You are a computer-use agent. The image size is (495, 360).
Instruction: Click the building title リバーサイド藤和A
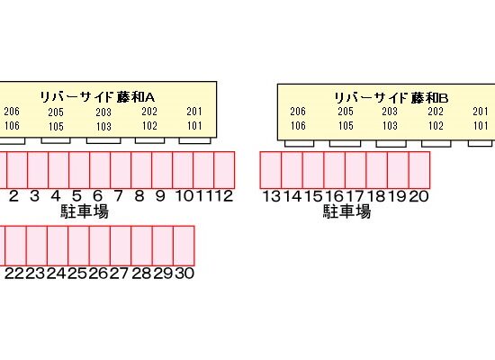tap(97, 97)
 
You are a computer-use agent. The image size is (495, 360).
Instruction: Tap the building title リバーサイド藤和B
tap(391, 98)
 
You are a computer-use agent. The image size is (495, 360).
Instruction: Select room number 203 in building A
tap(103, 112)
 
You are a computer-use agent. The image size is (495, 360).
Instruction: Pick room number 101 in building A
tap(194, 126)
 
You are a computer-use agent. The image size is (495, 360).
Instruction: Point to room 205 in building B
tap(346, 112)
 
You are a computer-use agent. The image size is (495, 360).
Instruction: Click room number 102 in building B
tap(436, 126)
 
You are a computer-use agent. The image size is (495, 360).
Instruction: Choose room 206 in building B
tap(298, 112)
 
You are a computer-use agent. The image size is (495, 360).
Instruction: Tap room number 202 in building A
tap(149, 112)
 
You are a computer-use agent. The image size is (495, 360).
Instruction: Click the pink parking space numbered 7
tap(121, 170)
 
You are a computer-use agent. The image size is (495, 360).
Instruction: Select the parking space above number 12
tap(224, 170)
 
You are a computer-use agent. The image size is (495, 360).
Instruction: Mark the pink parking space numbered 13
tap(271, 170)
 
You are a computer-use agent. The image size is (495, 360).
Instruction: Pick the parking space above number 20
tap(419, 170)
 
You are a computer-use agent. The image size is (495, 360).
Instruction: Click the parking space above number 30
tap(184, 246)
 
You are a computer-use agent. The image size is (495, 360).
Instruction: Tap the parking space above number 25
tap(78, 246)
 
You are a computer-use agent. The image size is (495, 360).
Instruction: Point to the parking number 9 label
tap(160, 196)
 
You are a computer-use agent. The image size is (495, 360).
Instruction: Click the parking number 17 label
tap(355, 196)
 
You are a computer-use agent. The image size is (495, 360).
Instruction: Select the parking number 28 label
tap(141, 274)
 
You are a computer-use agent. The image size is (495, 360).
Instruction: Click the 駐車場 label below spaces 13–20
tap(346, 211)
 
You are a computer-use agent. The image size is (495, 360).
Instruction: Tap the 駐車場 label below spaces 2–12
tap(85, 211)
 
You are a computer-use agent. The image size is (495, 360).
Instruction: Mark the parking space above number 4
tap(58, 170)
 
